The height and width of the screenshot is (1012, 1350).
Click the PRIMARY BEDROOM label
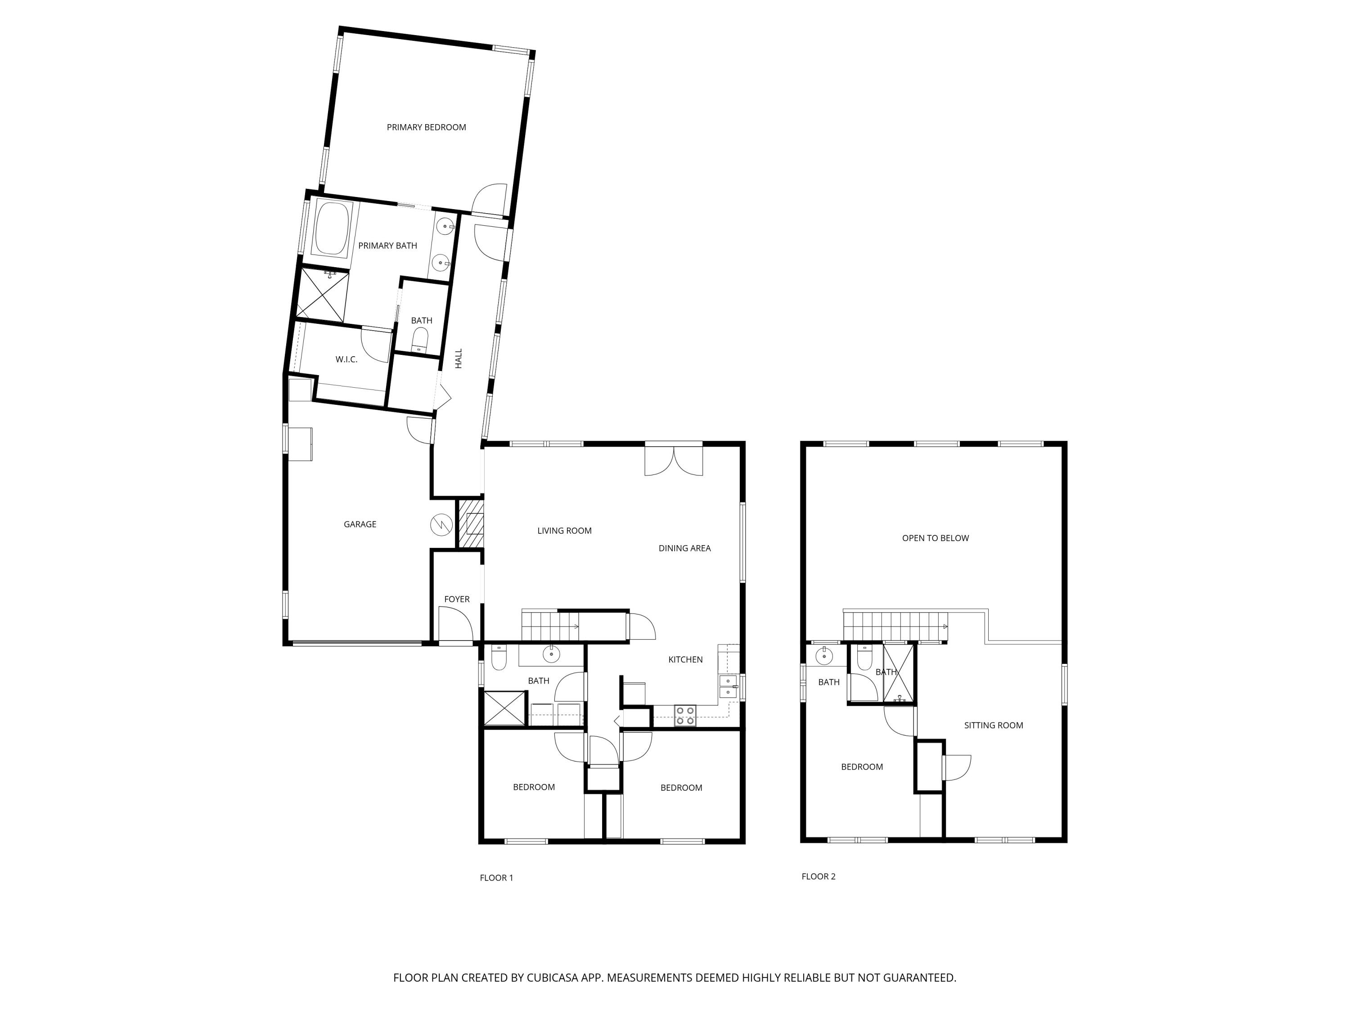[x=426, y=127]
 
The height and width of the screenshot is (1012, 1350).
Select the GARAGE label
[x=360, y=524]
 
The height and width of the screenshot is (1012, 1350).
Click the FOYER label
[x=456, y=599]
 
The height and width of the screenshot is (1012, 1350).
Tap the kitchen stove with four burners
[x=685, y=716]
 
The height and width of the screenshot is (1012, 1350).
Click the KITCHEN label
[x=685, y=659]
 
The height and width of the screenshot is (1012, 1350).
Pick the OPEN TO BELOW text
[x=935, y=538]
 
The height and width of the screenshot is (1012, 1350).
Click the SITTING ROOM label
[x=993, y=725]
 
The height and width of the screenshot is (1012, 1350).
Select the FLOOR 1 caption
[x=496, y=878]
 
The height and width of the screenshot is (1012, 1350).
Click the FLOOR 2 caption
[x=818, y=877]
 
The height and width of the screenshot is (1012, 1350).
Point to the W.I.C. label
[x=346, y=359]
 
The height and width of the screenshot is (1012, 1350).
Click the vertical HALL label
[x=459, y=358]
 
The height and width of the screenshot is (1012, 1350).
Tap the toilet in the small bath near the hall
[x=420, y=339]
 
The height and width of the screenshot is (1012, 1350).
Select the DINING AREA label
[x=684, y=548]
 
